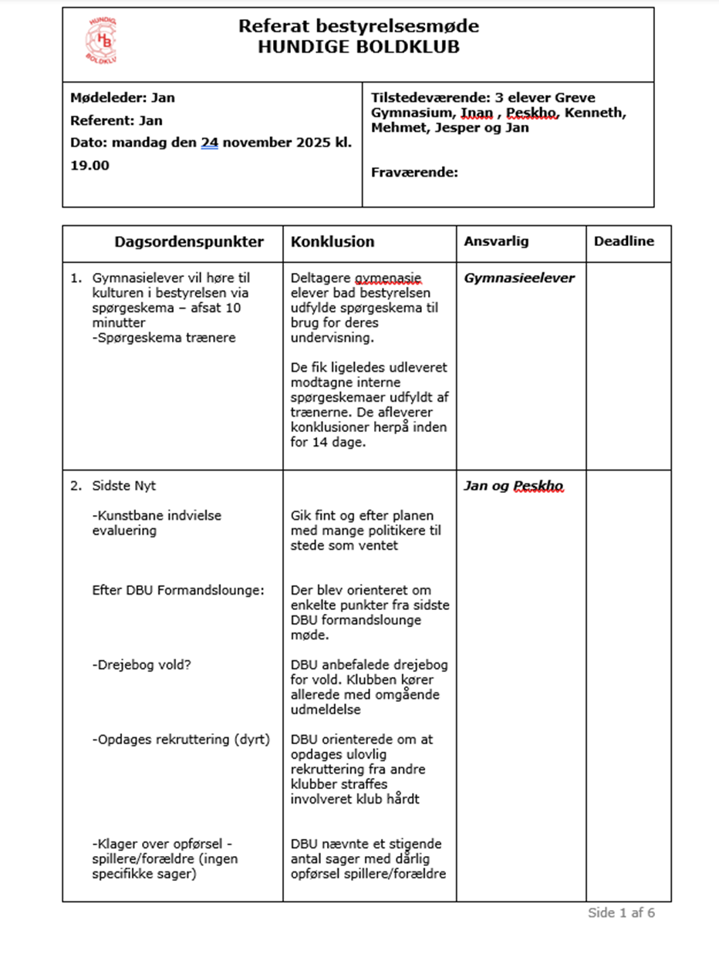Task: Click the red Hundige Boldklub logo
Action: click(101, 41)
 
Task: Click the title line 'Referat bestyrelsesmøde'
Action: click(358, 26)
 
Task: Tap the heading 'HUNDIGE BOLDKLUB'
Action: click(358, 47)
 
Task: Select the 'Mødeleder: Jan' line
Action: click(122, 98)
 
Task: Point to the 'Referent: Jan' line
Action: click(116, 120)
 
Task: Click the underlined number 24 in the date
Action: click(209, 143)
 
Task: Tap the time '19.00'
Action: click(89, 165)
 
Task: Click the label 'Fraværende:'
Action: click(414, 172)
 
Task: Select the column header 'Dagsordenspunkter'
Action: click(189, 242)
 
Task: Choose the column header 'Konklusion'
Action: click(332, 242)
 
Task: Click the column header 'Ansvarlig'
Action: click(496, 241)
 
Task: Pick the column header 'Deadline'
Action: click(623, 241)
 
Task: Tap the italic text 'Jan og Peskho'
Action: click(513, 486)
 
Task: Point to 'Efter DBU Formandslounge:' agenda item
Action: click(177, 590)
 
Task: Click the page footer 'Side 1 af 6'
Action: click(621, 913)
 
